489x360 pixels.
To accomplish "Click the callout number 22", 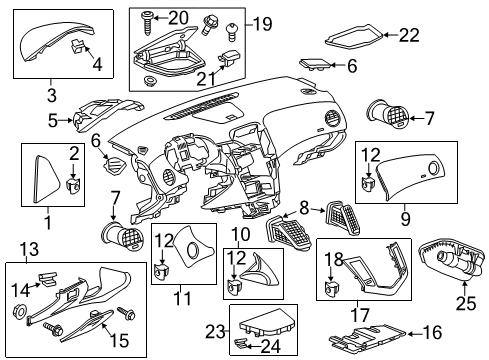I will pos(411,35).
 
